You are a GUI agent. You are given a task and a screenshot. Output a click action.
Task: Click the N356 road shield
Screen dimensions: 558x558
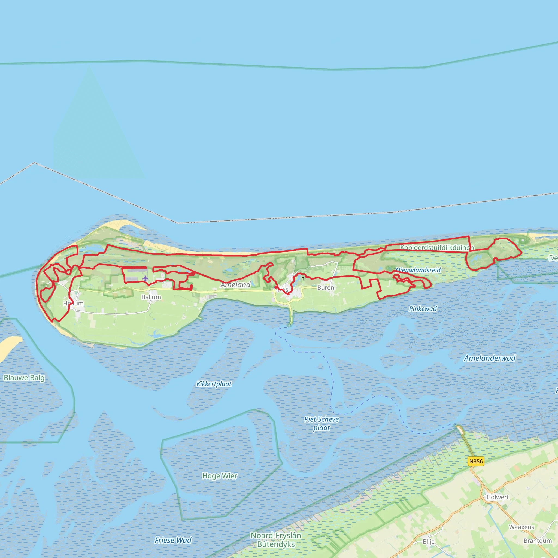[x=476, y=461]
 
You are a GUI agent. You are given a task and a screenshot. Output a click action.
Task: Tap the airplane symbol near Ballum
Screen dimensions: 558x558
[x=145, y=278]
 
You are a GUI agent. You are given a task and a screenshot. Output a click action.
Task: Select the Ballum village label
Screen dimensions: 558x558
[x=151, y=297]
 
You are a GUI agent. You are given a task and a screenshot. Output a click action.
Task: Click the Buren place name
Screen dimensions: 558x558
[x=326, y=288]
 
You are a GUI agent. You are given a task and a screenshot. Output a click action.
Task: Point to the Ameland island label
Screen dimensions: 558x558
[x=236, y=285]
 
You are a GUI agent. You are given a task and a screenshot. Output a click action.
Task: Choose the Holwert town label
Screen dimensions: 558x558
[x=497, y=497]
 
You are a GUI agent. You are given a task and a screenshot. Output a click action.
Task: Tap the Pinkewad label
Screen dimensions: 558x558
[x=423, y=308]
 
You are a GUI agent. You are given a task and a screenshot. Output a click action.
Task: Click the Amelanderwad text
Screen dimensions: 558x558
[x=490, y=358]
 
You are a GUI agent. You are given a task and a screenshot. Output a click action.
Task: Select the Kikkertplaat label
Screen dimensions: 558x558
[x=214, y=384]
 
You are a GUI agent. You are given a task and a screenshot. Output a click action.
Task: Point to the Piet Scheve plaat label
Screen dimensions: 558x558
[x=322, y=423]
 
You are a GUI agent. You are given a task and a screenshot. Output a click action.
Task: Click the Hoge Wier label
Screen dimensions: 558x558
[x=220, y=476]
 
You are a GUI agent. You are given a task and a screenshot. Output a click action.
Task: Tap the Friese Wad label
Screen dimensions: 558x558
[x=173, y=540]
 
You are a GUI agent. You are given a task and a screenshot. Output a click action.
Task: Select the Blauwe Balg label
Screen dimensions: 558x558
[x=24, y=378]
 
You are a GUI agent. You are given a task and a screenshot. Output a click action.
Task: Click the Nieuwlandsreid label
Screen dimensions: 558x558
[x=418, y=270]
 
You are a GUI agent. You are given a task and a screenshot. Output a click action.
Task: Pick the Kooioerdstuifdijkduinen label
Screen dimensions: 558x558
[x=437, y=247]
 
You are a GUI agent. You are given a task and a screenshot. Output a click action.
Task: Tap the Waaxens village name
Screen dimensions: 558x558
[x=521, y=527]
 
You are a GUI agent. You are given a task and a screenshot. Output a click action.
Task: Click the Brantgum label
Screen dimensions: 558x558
[x=538, y=541]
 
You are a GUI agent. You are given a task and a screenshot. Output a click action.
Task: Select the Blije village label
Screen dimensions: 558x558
[x=428, y=542]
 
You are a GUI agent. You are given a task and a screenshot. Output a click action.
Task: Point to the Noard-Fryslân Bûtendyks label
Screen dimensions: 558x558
[x=276, y=540]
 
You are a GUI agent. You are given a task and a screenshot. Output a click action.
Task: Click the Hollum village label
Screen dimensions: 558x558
[x=73, y=303]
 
